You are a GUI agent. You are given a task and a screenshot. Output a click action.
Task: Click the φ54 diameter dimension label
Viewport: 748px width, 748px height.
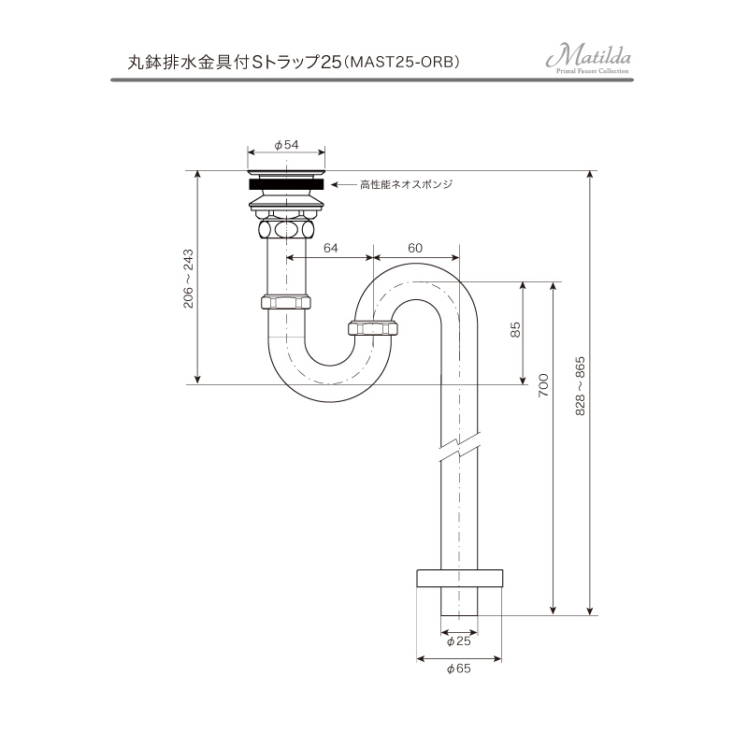click(x=287, y=145)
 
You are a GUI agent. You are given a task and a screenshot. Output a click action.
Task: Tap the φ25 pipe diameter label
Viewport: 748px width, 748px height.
click(x=458, y=641)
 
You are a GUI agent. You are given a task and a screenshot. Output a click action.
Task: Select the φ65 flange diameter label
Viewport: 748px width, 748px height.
click(x=458, y=669)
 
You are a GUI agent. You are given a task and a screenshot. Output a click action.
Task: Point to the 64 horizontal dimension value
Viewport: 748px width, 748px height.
click(x=330, y=248)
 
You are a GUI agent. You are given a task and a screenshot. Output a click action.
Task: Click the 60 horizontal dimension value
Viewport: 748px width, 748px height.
click(x=416, y=248)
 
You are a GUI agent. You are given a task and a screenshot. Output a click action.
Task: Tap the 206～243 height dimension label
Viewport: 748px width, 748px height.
click(x=188, y=278)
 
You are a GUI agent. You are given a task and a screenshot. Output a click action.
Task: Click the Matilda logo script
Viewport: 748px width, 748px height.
click(x=588, y=57)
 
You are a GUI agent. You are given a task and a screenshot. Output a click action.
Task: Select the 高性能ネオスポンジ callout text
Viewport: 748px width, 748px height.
click(x=406, y=185)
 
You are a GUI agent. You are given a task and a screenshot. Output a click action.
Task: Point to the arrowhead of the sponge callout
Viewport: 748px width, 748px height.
click(x=336, y=185)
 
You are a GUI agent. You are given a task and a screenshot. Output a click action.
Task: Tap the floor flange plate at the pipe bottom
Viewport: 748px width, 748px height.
click(x=458, y=576)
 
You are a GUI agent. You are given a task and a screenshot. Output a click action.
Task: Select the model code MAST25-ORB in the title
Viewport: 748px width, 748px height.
click(x=405, y=62)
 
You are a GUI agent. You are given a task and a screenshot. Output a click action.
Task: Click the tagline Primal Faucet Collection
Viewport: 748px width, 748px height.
click(x=595, y=72)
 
